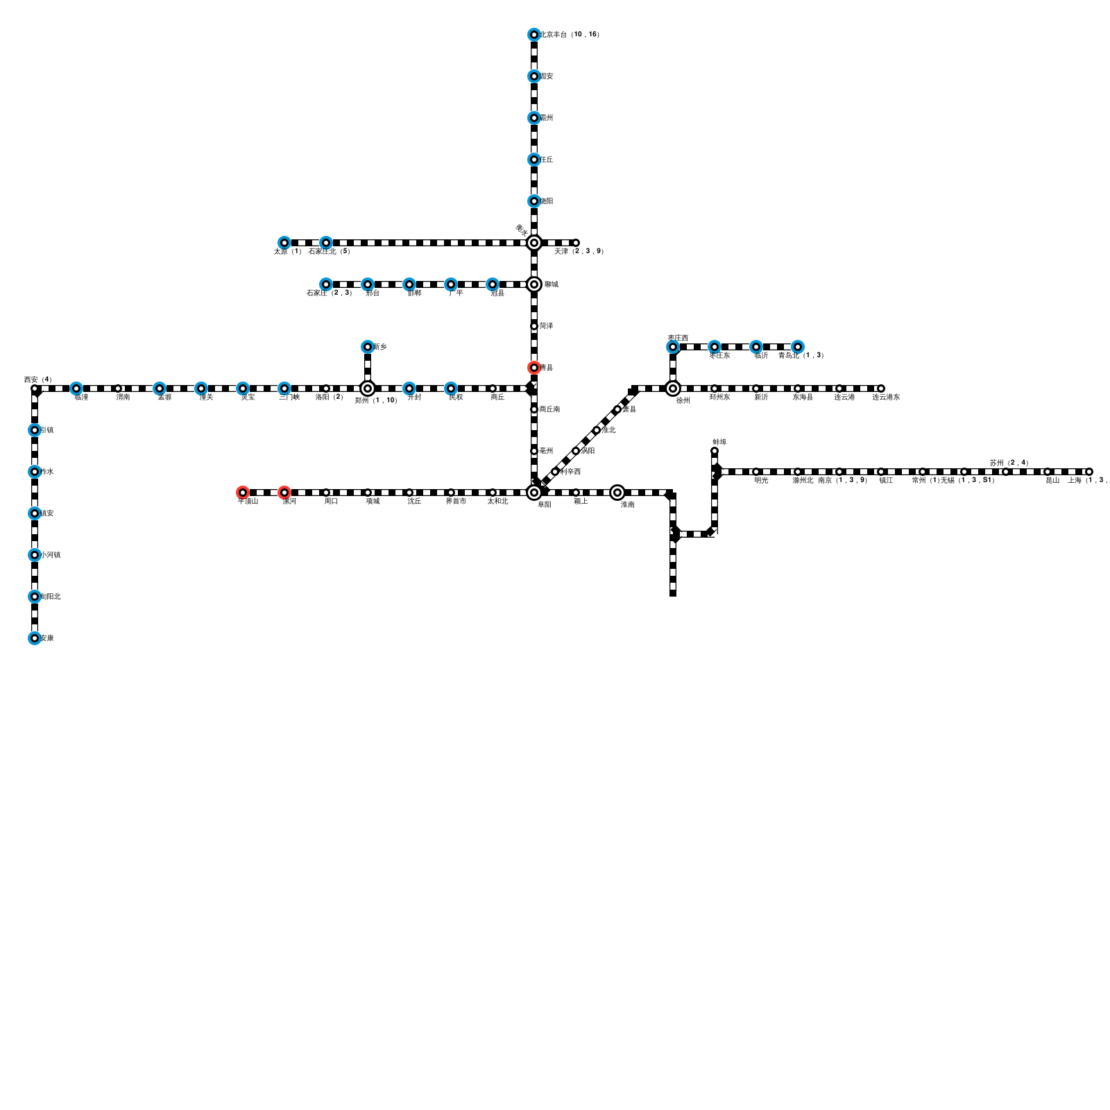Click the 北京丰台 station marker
pos(533,35)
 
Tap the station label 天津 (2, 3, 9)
pos(579,251)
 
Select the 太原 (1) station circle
pos(284,243)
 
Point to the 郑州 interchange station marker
pos(367,388)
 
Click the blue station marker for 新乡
pos(367,347)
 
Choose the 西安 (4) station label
pos(37,379)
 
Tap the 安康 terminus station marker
pos(34,638)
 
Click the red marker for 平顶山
pos(242,493)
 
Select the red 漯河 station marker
pos(284,493)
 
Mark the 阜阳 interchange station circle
pos(533,493)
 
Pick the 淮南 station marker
pos(617,493)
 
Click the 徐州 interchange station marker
pos(672,388)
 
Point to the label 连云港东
pos(886,397)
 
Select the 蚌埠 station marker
pos(714,451)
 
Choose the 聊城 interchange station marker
pos(533,284)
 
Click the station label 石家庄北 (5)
pos(329,251)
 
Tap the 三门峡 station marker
pos(284,388)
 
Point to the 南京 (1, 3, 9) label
pos(842,480)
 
